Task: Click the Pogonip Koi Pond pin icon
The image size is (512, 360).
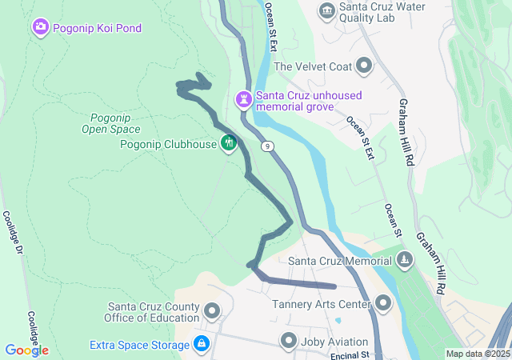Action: click(x=40, y=29)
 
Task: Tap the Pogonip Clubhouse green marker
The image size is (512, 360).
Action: click(x=230, y=143)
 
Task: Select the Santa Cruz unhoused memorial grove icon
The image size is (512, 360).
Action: click(x=243, y=100)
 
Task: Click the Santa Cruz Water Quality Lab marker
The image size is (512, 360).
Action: click(x=326, y=10)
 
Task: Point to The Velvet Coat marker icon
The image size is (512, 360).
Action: click(x=364, y=66)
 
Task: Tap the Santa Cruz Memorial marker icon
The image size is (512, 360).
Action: click(x=406, y=260)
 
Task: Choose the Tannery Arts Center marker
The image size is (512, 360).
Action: click(x=383, y=303)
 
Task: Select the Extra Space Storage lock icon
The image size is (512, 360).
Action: click(x=201, y=345)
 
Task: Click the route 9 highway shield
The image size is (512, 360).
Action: click(x=269, y=146)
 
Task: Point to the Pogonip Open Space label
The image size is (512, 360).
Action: click(x=111, y=122)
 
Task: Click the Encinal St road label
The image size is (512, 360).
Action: click(x=346, y=354)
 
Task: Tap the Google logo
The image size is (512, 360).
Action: click(x=26, y=350)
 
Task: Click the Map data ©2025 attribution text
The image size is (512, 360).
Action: click(x=477, y=354)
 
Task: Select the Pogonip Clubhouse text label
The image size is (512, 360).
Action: click(x=168, y=144)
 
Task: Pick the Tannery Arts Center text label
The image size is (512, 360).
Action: click(x=322, y=304)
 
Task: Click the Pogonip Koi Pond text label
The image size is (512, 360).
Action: click(x=97, y=29)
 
